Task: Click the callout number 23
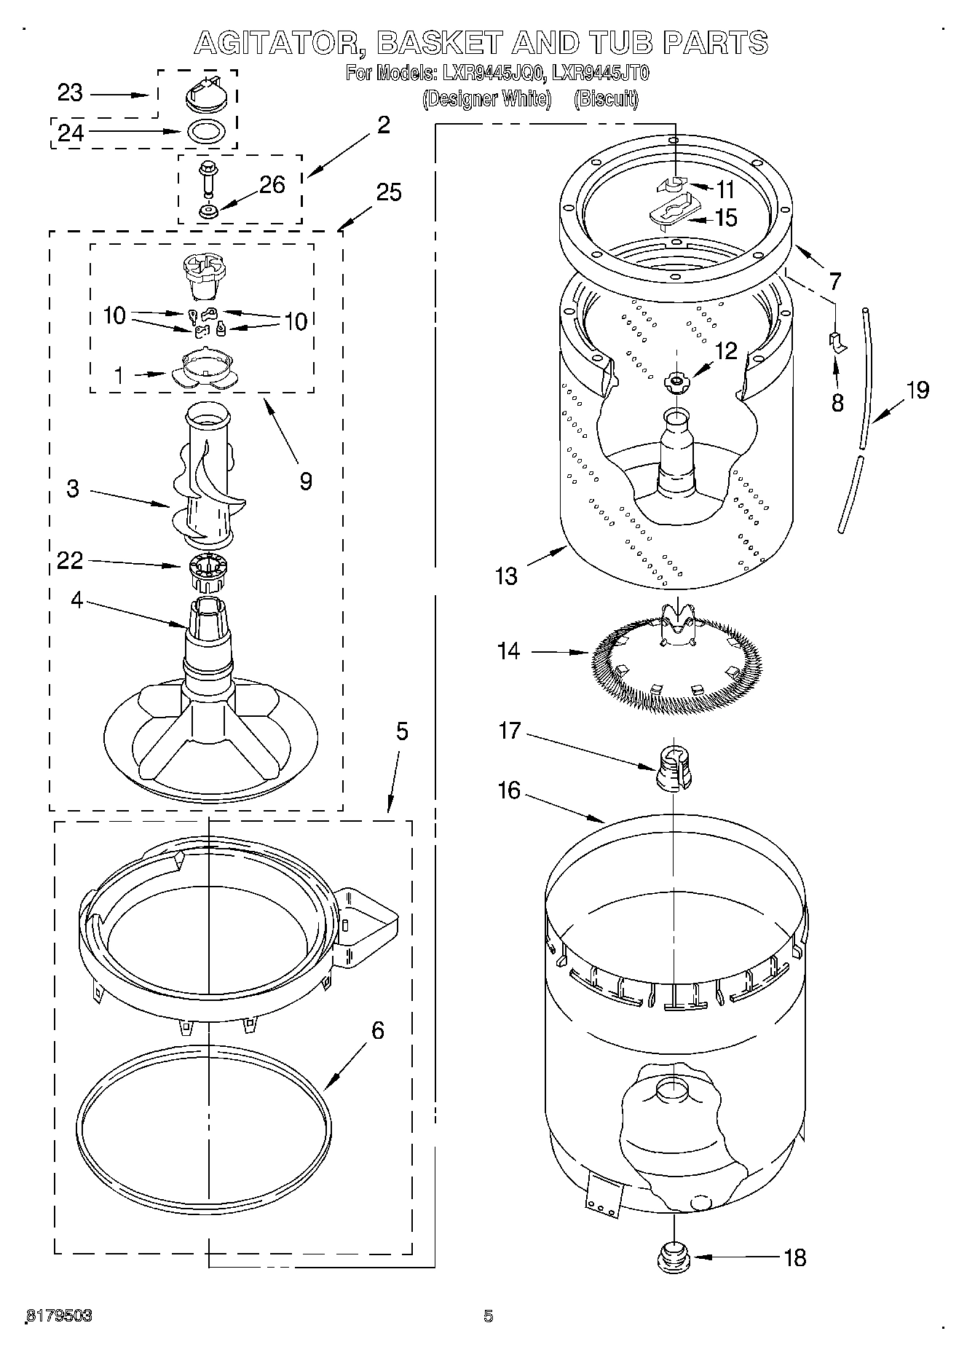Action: pyautogui.click(x=70, y=94)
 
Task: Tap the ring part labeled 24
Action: pyautogui.click(x=206, y=133)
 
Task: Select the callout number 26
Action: pyautogui.click(x=272, y=185)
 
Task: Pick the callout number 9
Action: pyautogui.click(x=306, y=481)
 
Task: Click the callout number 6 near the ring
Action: pyautogui.click(x=377, y=1030)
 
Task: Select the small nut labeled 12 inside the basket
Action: pyautogui.click(x=676, y=380)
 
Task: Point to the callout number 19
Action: pyautogui.click(x=917, y=390)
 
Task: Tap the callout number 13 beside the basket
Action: pyautogui.click(x=506, y=576)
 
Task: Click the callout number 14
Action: pyautogui.click(x=509, y=651)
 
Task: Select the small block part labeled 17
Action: pyautogui.click(x=674, y=768)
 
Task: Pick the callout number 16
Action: pyautogui.click(x=509, y=790)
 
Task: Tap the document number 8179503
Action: pyautogui.click(x=59, y=1316)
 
